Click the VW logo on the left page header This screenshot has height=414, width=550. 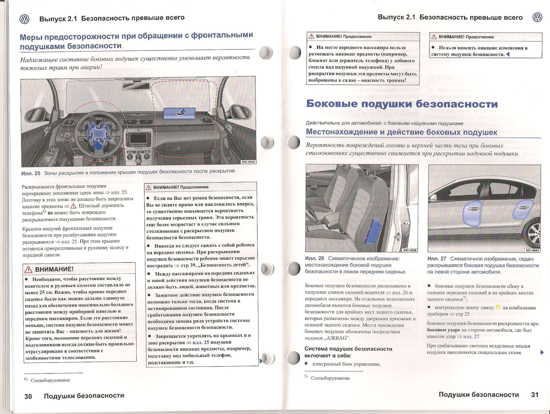click(24, 19)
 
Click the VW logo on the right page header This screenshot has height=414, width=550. click(537, 17)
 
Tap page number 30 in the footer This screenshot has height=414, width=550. click(28, 396)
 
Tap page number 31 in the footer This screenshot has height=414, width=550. click(535, 395)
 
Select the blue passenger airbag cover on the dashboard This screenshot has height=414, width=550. click(179, 113)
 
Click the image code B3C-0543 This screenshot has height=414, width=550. click(248, 162)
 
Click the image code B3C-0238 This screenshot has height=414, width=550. click(410, 250)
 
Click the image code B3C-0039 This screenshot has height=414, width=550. click(532, 250)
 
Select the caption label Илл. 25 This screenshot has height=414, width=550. click(31, 173)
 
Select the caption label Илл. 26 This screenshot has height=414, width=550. click(314, 258)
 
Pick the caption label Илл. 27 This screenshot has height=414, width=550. click(437, 259)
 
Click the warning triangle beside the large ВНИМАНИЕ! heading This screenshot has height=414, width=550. click(28, 270)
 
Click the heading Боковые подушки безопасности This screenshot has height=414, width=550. click(402, 104)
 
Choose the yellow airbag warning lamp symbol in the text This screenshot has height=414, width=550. click(498, 307)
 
